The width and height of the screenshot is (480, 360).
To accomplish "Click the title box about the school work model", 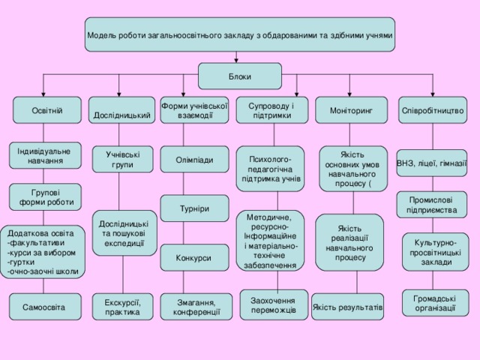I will click(x=239, y=35).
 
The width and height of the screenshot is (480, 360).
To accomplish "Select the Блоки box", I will click(x=239, y=76).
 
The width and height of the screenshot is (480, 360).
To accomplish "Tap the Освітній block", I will click(x=46, y=111).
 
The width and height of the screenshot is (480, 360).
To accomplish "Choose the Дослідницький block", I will click(x=121, y=111).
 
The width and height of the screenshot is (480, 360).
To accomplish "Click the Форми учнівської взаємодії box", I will click(x=195, y=109).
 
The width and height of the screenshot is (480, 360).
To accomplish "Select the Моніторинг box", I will click(x=347, y=111).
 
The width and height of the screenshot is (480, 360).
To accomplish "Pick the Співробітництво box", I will click(x=432, y=111).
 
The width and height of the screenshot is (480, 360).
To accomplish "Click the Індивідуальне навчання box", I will click(x=44, y=156).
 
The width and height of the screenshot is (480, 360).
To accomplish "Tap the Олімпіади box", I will click(x=194, y=160).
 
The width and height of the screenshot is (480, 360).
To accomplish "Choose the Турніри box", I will click(x=194, y=208).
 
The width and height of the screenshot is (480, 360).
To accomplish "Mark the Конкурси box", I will click(x=193, y=259).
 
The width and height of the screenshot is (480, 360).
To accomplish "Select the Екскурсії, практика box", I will click(x=122, y=307).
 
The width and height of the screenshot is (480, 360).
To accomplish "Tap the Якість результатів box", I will click(x=347, y=307).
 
